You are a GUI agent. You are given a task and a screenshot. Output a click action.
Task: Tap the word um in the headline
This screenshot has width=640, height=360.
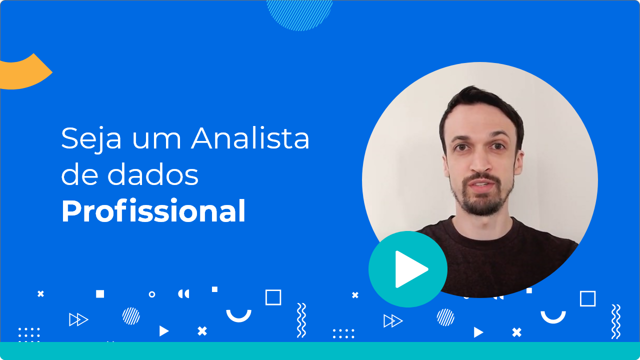tap(156, 140)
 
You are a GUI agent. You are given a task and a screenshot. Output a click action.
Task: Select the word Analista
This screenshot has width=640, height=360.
tap(250, 138)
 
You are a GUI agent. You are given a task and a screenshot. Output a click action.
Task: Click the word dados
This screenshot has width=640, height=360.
tap(153, 174)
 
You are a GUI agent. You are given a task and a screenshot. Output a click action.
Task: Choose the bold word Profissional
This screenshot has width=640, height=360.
tap(153, 210)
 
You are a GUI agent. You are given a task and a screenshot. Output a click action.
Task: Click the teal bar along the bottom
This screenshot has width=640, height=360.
tap(320, 351)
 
